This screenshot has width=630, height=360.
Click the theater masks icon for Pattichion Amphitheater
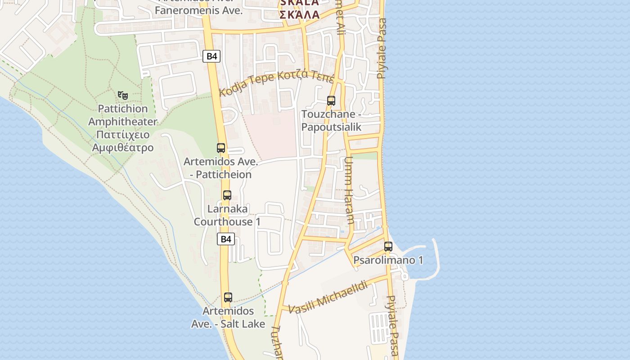tap(122, 95)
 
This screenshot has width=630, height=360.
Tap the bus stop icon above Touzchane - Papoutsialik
tap(331, 101)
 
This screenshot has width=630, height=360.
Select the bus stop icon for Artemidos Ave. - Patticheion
tap(221, 148)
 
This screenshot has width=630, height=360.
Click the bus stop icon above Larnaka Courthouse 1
tap(227, 195)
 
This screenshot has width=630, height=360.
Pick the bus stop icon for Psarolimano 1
tap(388, 247)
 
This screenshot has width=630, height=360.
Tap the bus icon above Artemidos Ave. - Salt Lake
tap(228, 297)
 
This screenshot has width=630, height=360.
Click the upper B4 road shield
tap(211, 56)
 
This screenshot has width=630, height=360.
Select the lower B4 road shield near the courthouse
tap(226, 239)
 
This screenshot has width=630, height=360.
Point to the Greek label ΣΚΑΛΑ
tap(299, 14)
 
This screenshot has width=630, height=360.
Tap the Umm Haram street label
tap(349, 191)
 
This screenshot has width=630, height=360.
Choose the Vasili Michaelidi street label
tap(328, 298)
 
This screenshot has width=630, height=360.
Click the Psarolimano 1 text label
tap(388, 260)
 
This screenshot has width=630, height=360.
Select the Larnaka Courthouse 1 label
tap(227, 216)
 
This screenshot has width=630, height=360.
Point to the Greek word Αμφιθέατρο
tap(122, 148)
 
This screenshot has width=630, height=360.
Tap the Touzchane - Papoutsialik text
tap(331, 121)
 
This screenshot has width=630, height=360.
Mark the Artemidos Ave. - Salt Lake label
tap(228, 317)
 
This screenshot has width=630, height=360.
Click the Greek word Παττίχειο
tap(123, 135)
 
